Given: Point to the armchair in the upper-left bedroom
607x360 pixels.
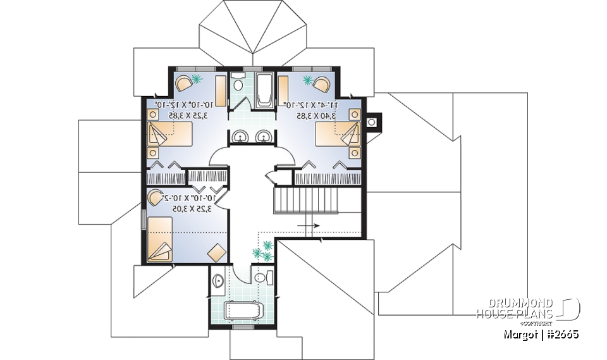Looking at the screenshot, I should point(183,82).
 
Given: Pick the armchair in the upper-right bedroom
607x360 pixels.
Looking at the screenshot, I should point(322,83).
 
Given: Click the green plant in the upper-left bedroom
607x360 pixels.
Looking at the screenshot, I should point(197,78).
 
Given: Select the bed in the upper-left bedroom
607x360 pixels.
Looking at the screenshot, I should point(169,135).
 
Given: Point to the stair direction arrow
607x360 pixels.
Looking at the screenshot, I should point(310,224).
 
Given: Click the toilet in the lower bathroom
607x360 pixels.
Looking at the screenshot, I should point(262,278).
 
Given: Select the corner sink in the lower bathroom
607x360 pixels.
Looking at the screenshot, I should point(217,280).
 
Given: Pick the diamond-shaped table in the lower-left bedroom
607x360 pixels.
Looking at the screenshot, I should point(216,252).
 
